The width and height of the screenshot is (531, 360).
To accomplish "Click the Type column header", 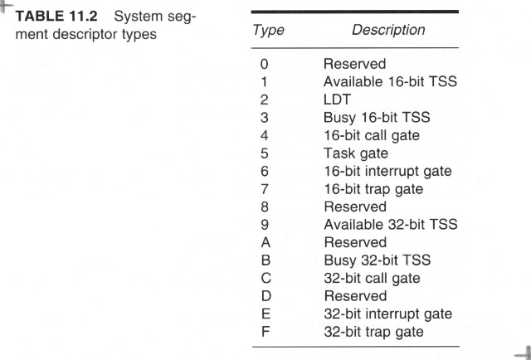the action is (x=268, y=31).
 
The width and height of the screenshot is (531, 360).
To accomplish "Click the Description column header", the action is (x=388, y=30).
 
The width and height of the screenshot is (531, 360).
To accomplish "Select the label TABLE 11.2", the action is (x=56, y=16).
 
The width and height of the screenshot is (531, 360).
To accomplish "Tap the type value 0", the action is (x=264, y=64).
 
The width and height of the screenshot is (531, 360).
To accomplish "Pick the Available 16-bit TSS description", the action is (x=390, y=81).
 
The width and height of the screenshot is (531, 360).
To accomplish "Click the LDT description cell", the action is (x=337, y=100).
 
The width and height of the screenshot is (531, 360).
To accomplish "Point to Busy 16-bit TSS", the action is (x=377, y=118).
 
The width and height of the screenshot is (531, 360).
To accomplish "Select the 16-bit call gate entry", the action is (x=372, y=135).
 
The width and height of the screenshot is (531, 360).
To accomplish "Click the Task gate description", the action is (x=356, y=153).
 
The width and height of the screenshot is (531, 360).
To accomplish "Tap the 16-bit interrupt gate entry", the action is (x=387, y=171).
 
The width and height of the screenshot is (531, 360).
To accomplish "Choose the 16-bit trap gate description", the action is (x=373, y=189).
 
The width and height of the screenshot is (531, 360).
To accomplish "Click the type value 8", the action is (x=265, y=207).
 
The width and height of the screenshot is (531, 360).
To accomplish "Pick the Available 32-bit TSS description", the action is (x=391, y=224).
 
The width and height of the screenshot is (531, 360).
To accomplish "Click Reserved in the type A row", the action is (x=355, y=242).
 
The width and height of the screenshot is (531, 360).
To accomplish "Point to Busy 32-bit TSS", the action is (x=378, y=260).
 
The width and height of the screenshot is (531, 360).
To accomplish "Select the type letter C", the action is (x=265, y=278).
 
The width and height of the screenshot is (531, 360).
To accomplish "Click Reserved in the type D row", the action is (x=355, y=296).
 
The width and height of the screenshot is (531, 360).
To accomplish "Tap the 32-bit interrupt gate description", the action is (x=388, y=314).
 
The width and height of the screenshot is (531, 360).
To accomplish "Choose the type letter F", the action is (x=265, y=332).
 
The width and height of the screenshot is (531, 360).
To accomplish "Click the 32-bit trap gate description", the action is (x=374, y=332).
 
